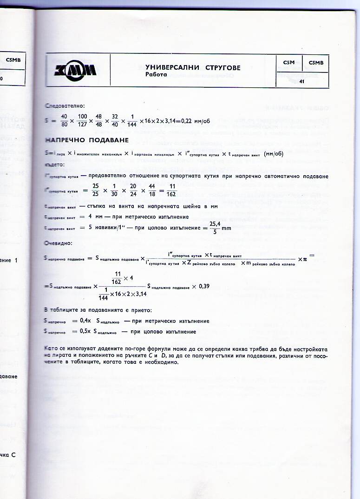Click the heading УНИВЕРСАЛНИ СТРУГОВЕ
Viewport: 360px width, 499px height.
tap(193, 68)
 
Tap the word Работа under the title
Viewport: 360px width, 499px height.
tap(156, 74)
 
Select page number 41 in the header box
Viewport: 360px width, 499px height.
tap(301, 82)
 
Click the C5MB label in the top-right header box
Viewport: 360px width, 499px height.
tap(316, 63)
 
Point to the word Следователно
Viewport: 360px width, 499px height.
tap(62, 106)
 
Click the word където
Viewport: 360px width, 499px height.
tap(55, 164)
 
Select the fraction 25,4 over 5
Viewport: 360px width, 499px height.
tap(215, 228)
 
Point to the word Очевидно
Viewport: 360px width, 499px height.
tap(58, 243)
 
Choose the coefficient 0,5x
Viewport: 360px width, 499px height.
tap(85, 332)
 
